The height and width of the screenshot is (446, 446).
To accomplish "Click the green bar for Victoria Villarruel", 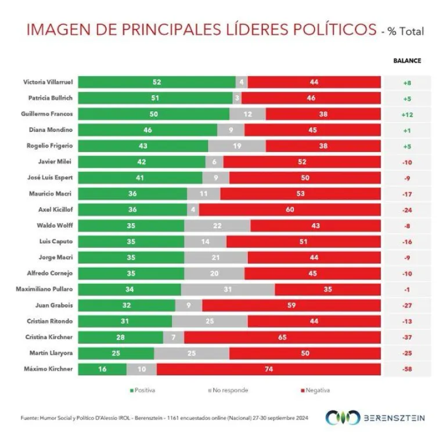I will [157, 82].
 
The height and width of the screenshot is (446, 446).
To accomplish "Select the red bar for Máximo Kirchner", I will [269, 369].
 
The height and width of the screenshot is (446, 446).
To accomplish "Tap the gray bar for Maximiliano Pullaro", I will [228, 289].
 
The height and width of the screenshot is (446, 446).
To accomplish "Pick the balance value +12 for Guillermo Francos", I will [407, 114].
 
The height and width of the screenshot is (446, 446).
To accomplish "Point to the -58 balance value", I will [407, 369].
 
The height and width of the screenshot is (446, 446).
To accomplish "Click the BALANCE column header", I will [407, 60].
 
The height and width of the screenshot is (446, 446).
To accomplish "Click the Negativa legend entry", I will [316, 390].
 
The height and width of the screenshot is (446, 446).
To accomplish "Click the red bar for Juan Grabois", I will [292, 305].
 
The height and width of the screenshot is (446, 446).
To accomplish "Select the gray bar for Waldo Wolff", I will [217, 225].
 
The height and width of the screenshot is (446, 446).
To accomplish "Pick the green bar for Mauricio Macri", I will [132, 194].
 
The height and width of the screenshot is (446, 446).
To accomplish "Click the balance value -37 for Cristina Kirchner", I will [407, 337].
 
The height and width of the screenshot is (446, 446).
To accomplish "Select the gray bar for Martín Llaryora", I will [192, 353].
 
